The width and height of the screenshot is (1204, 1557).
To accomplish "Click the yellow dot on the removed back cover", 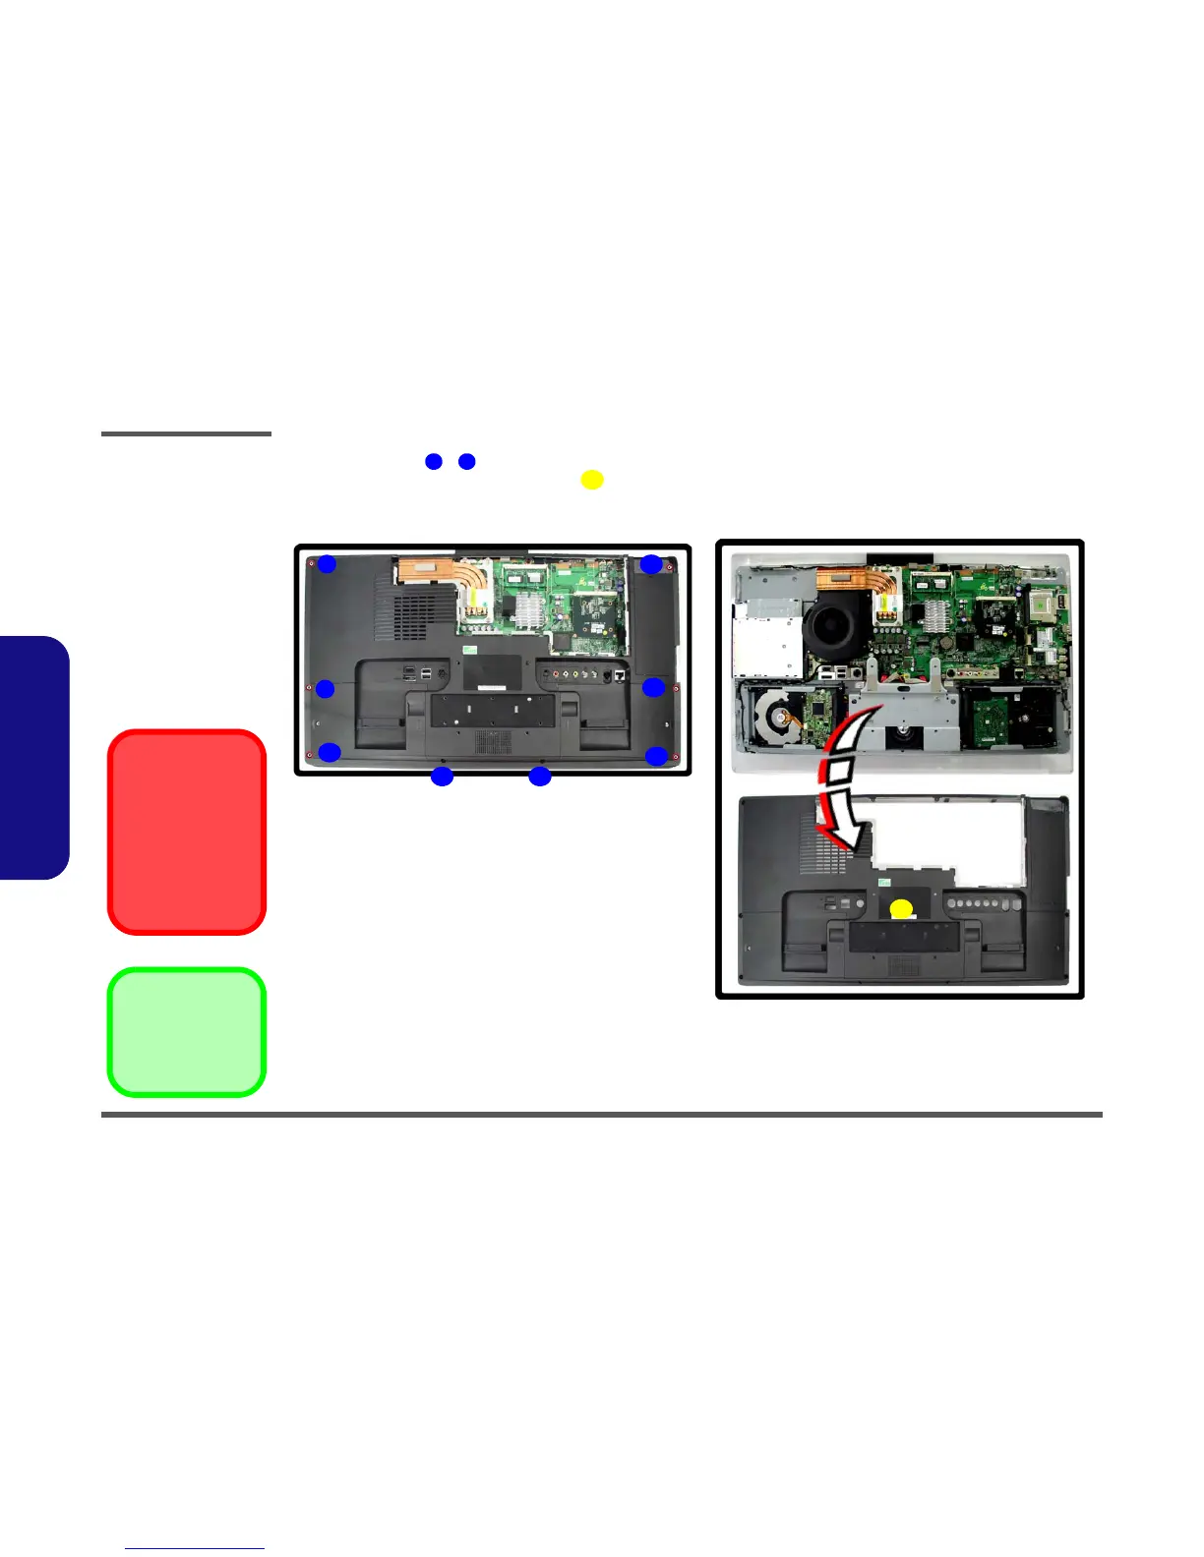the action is coord(901,909).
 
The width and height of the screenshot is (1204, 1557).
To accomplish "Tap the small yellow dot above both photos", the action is coord(591,480).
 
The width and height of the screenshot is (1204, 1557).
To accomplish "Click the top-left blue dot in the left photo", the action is coord(327,564).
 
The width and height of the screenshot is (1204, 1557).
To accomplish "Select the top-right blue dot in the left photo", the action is coord(651,564).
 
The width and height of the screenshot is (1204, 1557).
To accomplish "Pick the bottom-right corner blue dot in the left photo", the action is coord(656,755).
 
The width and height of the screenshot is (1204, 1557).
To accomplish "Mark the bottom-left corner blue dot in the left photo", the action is coord(330,753).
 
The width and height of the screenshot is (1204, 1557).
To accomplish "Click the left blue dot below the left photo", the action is coord(443,777).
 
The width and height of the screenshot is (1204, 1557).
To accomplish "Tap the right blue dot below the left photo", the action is coord(539,777).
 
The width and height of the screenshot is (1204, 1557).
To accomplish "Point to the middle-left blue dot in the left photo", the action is coord(325,688).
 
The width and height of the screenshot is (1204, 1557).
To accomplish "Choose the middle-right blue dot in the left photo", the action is coord(654,687).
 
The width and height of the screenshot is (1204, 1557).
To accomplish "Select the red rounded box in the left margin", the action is coord(187,832).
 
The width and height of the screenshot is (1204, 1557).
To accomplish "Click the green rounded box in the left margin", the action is coord(187,1032).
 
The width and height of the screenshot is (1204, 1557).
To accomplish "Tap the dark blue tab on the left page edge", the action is coord(34,757).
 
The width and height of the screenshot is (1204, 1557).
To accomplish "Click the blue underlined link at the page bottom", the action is coord(195,1548).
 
